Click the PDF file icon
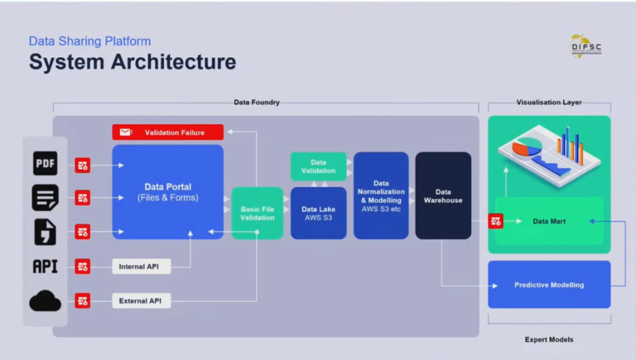[45, 164]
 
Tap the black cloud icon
[45, 301]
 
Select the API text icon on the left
[45, 267]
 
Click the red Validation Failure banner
[168, 132]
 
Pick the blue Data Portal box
[168, 192]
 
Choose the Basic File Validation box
[257, 213]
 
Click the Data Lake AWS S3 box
[318, 213]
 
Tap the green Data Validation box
[318, 166]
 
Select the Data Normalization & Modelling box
[381, 196]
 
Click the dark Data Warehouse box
[443, 196]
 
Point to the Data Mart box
[549, 221]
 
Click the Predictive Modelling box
[549, 285]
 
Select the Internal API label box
[141, 267]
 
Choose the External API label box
[141, 301]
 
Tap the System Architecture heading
[132, 62]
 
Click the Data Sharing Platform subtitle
[89, 42]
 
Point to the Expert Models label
[549, 340]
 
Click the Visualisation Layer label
[549, 102]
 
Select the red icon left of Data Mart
[496, 221]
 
